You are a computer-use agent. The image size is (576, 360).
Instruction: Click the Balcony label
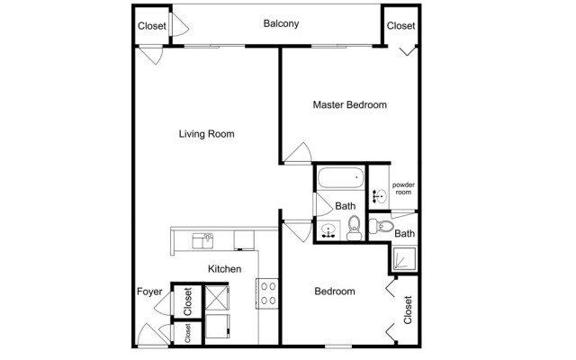(281, 23)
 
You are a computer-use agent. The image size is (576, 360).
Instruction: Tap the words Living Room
(206, 134)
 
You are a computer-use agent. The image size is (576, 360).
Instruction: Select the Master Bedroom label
(349, 105)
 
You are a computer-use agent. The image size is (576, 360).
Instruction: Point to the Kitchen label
(223, 268)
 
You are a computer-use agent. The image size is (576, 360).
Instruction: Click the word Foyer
(149, 292)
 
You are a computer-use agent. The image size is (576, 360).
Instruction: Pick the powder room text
(402, 188)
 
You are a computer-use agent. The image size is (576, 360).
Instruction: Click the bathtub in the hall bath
(338, 181)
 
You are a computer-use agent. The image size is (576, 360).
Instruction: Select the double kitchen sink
(203, 239)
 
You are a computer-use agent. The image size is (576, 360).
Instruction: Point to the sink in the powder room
(379, 195)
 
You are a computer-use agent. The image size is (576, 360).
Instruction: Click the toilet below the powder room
(384, 226)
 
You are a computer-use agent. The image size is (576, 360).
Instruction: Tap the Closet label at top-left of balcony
(152, 26)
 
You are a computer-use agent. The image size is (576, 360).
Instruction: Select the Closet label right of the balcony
(400, 26)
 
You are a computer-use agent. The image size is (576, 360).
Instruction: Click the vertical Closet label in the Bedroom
(408, 310)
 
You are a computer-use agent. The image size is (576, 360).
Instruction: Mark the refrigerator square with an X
(217, 297)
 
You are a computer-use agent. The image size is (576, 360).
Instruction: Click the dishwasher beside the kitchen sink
(242, 238)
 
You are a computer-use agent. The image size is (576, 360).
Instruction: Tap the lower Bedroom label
(334, 292)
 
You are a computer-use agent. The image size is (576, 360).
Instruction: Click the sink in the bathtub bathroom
(329, 231)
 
